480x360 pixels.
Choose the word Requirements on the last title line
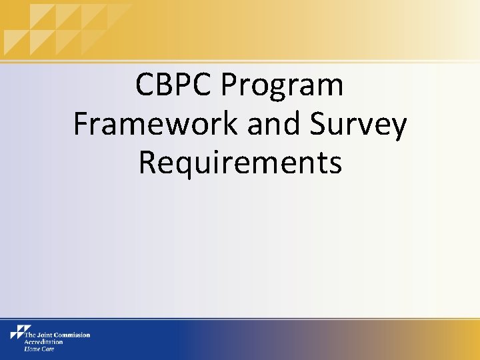click(240, 163)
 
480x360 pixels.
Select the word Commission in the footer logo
click(73, 335)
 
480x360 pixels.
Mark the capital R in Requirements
click(147, 163)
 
